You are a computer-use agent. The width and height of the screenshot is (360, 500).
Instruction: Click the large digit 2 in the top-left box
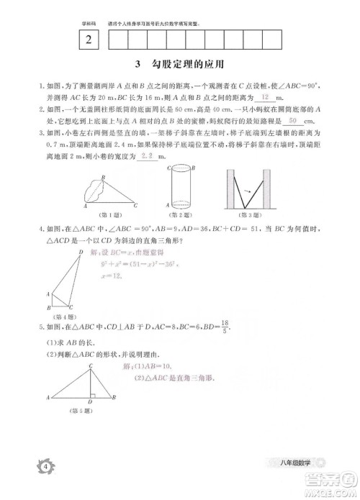(88, 41)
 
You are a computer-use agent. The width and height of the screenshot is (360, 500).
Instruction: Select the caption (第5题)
(83, 411)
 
